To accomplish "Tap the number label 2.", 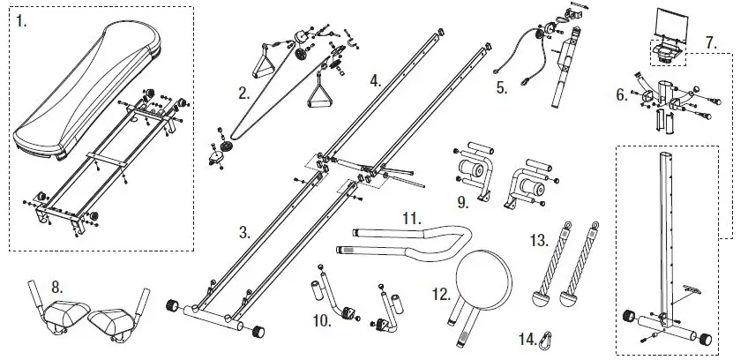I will click(x=243, y=91).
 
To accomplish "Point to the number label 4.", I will click(x=375, y=79).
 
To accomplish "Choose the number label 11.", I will click(x=408, y=217).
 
